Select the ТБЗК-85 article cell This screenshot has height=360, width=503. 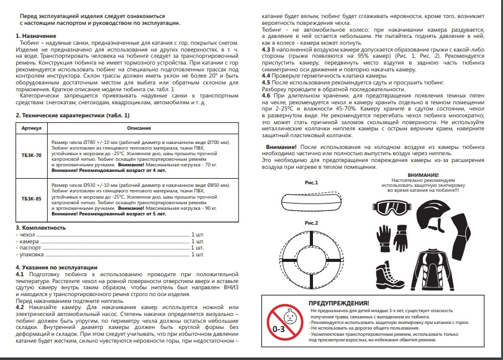point(30,199)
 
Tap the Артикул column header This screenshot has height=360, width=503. point(30,127)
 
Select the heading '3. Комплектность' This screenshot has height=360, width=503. point(40,228)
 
